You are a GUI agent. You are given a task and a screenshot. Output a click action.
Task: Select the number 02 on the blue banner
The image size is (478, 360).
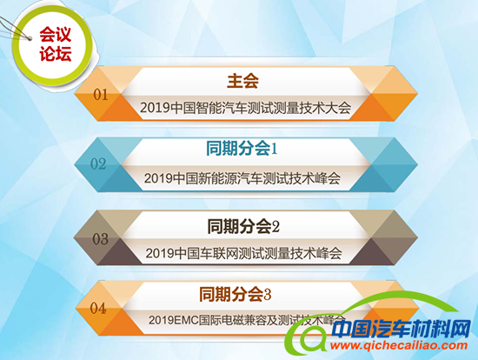click(99, 163)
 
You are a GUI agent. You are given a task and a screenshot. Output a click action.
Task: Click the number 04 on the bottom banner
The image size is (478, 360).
click(98, 307)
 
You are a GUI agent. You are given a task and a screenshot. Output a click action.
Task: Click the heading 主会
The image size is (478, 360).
click(242, 82)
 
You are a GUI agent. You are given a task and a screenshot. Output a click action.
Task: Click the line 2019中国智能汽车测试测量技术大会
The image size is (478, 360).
click(242, 108)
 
